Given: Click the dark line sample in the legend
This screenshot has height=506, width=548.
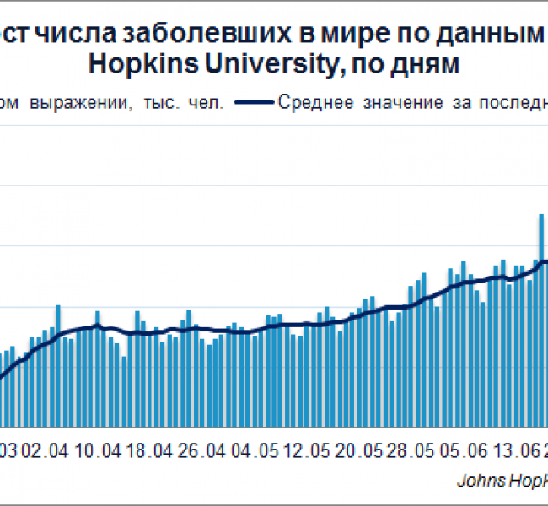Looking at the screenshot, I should coord(254,103).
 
